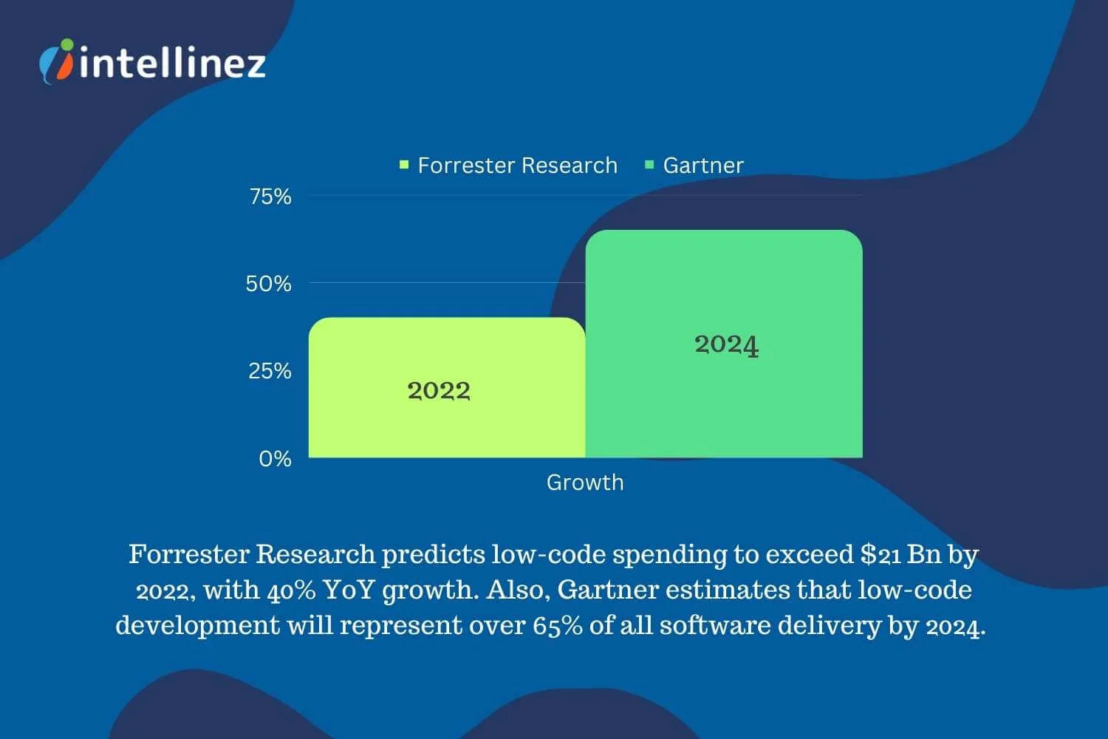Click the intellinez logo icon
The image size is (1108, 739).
pyautogui.click(x=57, y=61)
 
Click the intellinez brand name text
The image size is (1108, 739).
pyautogui.click(x=172, y=62)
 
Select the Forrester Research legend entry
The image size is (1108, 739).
pyautogui.click(x=509, y=166)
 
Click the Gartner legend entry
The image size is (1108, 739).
pyautogui.click(x=694, y=166)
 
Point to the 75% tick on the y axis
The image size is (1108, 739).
pyautogui.click(x=270, y=197)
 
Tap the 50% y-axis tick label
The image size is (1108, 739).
pyautogui.click(x=269, y=284)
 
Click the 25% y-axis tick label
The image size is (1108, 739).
pyautogui.click(x=270, y=371)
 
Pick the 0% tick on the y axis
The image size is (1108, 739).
pyautogui.click(x=275, y=459)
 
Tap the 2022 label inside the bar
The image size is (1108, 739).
pyautogui.click(x=439, y=390)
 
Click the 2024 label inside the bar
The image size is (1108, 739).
pyautogui.click(x=727, y=344)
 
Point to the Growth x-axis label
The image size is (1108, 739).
pyautogui.click(x=585, y=483)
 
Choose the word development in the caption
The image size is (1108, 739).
pyautogui.click(x=197, y=626)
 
